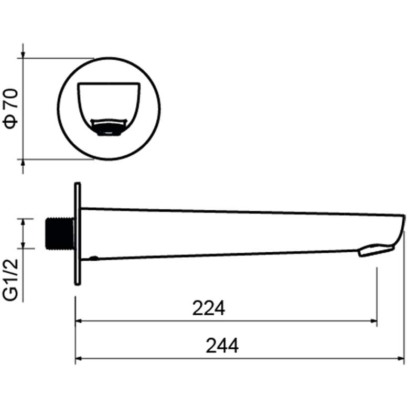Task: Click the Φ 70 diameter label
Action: point(10,109)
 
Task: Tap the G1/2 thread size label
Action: point(10,280)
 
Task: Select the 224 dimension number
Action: point(208,308)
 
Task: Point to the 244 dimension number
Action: point(222,346)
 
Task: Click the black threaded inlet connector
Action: point(59,233)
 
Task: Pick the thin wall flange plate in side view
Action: point(78,233)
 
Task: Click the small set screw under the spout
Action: point(93,258)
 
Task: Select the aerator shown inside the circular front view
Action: point(109,127)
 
